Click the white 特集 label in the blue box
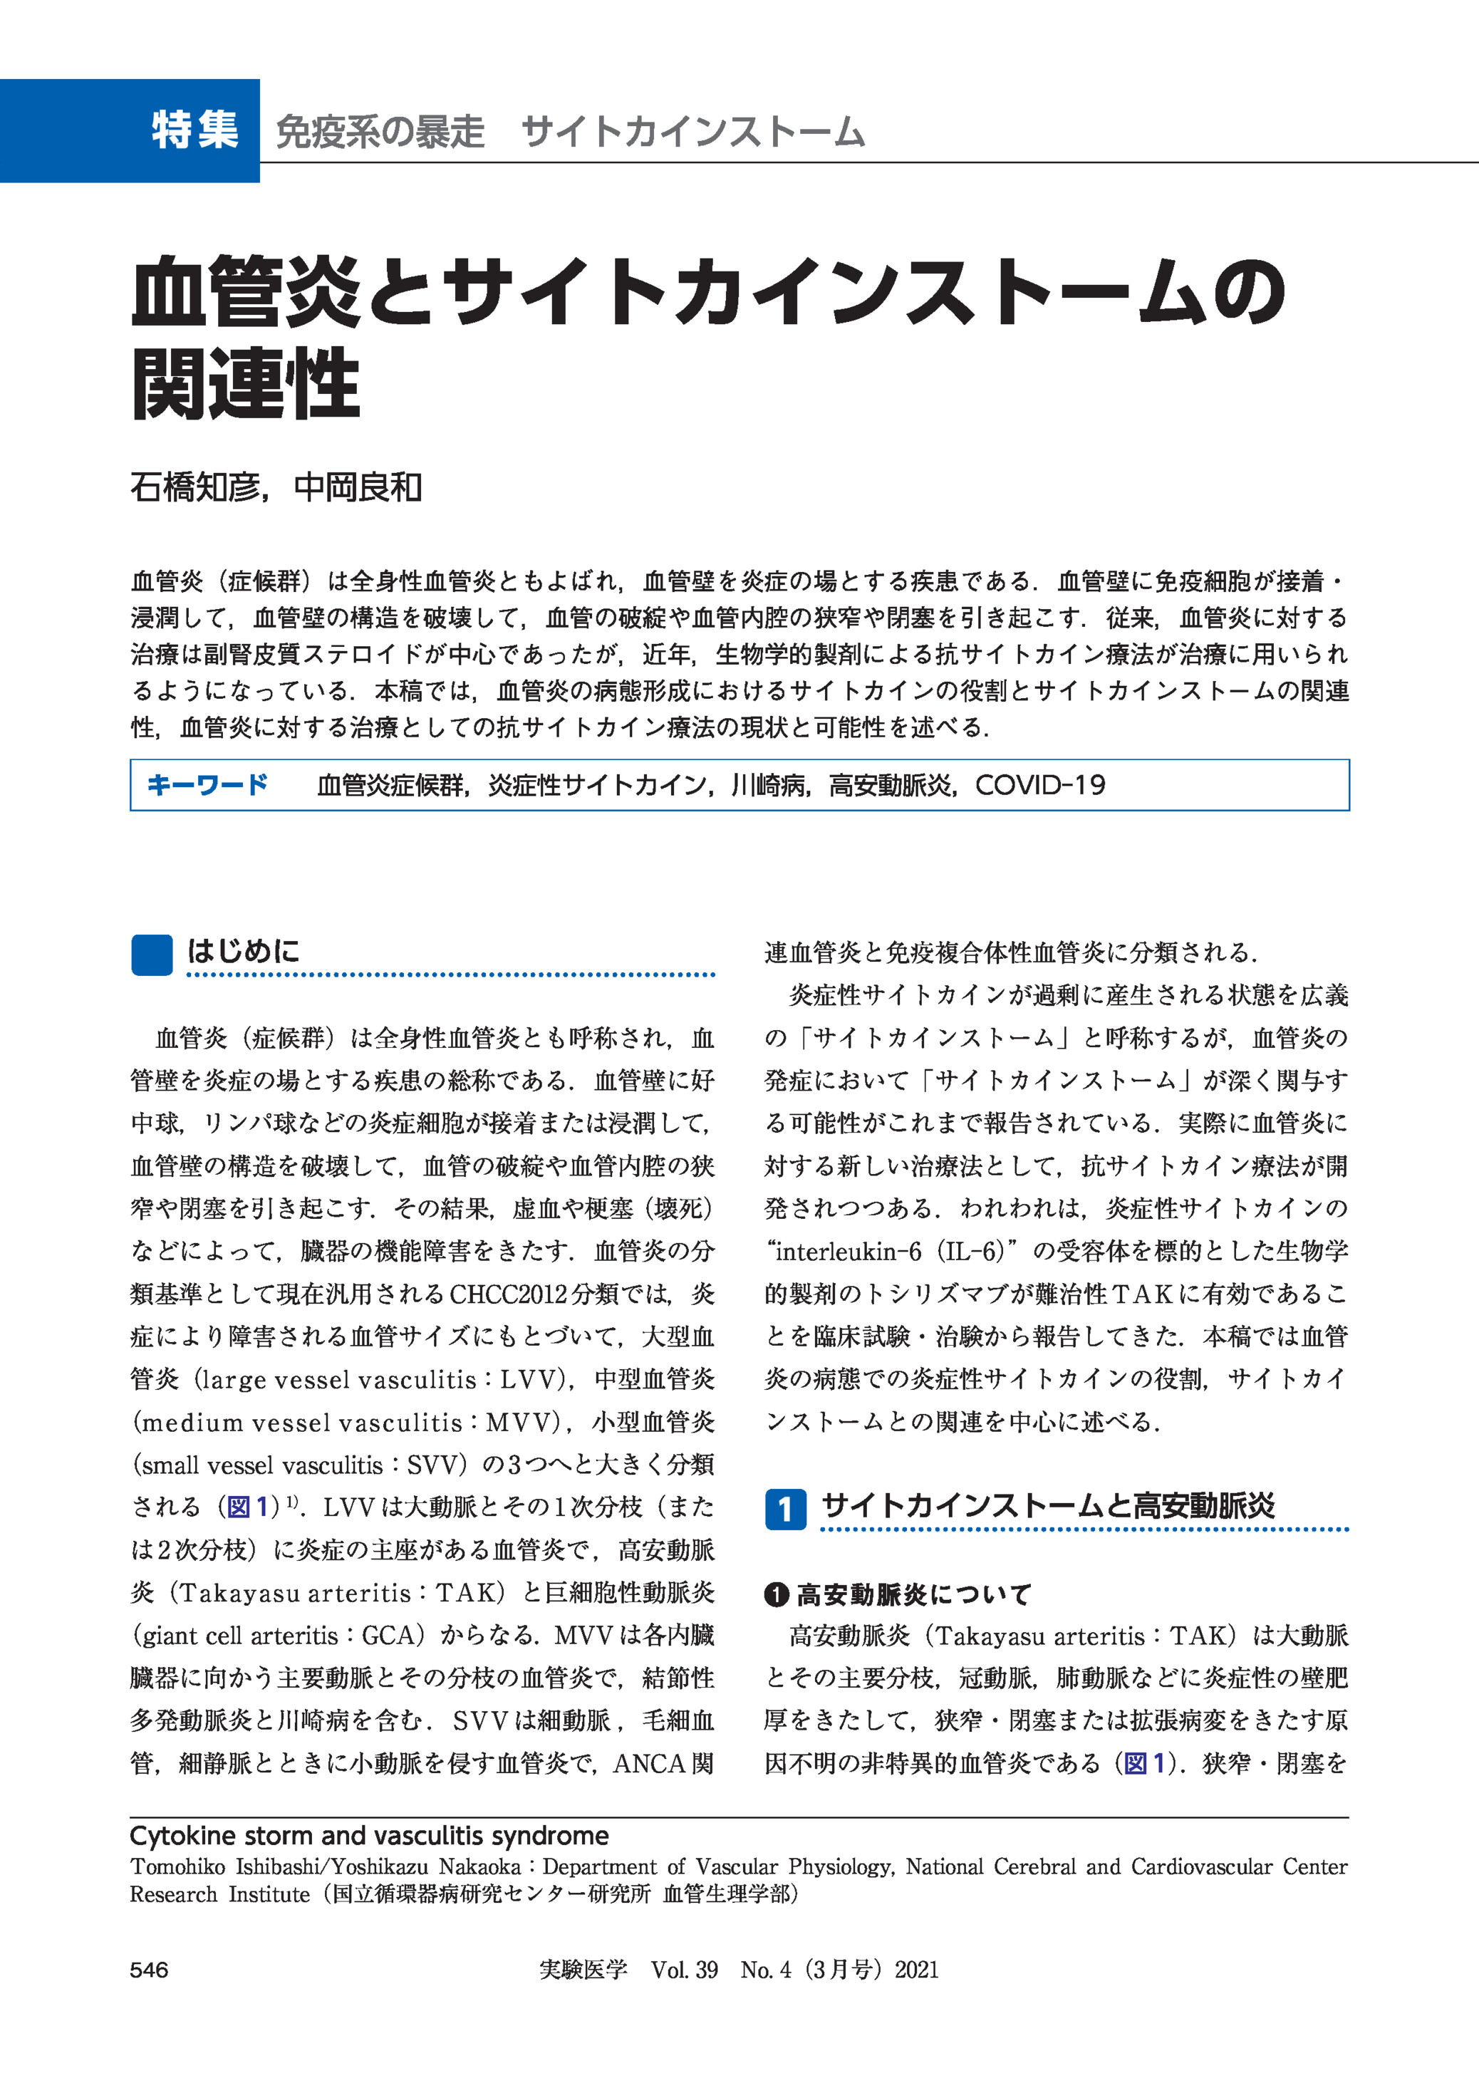[x=195, y=130]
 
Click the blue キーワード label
[x=207, y=785]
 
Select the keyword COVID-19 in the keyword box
[x=1040, y=785]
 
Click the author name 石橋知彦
[x=195, y=488]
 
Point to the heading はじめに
[x=243, y=952]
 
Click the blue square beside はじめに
[x=151, y=955]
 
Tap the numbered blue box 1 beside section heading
[x=785, y=1509]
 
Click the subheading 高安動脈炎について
[x=913, y=1594]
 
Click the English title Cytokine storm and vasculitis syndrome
[x=369, y=1836]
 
